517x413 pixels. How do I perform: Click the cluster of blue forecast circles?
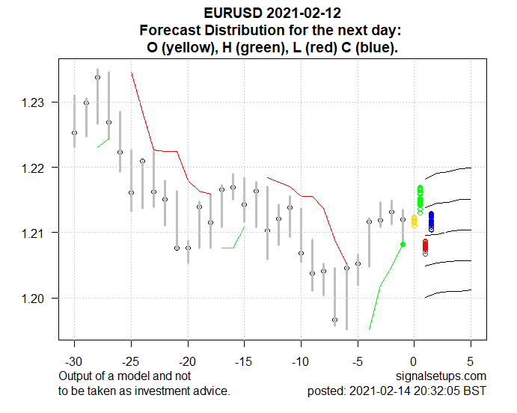[431, 221]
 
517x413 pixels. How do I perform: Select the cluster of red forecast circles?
[425, 246]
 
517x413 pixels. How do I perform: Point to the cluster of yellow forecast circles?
[414, 221]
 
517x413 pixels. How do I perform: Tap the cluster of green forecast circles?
[420, 198]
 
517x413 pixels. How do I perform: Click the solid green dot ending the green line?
[403, 245]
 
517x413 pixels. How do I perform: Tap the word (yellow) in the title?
[189, 47]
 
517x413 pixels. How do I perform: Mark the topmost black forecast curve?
[449, 171]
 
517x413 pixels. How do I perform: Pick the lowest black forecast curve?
[449, 292]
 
